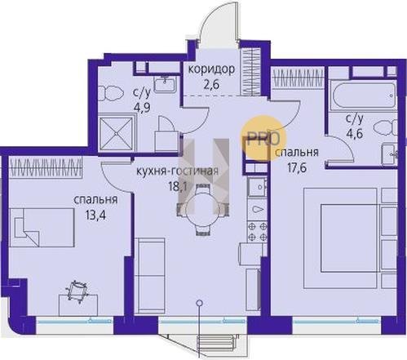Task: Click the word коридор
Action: click(x=211, y=69)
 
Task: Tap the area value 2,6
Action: click(x=211, y=85)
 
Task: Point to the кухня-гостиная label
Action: click(x=177, y=171)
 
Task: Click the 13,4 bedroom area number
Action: click(x=95, y=216)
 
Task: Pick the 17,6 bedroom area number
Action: click(x=297, y=167)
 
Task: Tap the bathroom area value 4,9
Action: click(x=142, y=104)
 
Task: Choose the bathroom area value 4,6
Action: click(x=354, y=134)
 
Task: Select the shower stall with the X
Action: click(x=117, y=134)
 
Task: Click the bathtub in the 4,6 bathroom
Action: click(x=363, y=96)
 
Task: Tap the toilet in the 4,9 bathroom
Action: click(x=111, y=91)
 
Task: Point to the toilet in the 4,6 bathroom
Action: click(x=385, y=127)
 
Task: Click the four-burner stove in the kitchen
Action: click(x=258, y=232)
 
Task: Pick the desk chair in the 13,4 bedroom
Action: click(x=77, y=292)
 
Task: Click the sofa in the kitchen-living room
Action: click(x=150, y=276)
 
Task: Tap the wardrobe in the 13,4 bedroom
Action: click(x=46, y=167)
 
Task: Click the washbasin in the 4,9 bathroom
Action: click(x=166, y=83)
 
